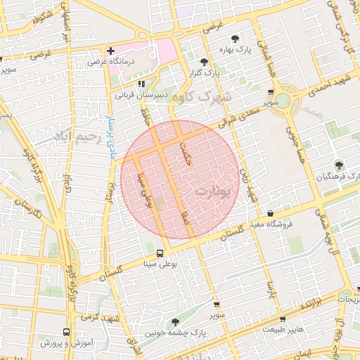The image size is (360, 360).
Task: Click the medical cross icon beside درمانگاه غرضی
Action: coord(110,51)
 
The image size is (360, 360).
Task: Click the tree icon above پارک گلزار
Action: coord(204,62)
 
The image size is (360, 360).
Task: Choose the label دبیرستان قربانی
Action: coord(143,94)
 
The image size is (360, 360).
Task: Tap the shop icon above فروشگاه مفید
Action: coord(271,214)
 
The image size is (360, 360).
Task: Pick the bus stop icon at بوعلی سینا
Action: coord(160,253)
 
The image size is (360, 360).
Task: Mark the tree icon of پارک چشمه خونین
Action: coord(175,322)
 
